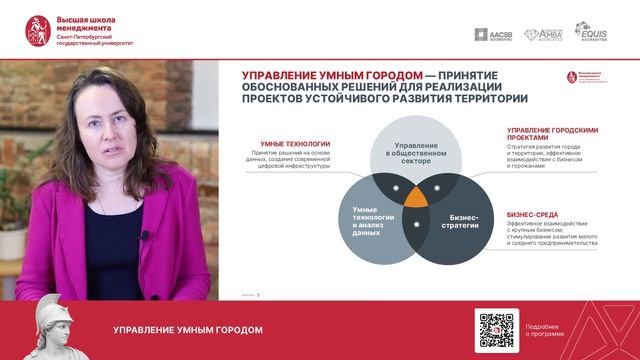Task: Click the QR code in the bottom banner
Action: (x=497, y=330)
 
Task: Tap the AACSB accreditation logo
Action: (x=494, y=34)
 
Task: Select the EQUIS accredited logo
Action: (x=591, y=33)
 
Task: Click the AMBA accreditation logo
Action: (x=545, y=34)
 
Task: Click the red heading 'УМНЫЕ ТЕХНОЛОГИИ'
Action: (x=295, y=144)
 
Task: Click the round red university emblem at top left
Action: (x=39, y=31)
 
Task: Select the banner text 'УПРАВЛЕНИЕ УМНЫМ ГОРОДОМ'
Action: (x=188, y=330)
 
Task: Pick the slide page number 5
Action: (x=259, y=294)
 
